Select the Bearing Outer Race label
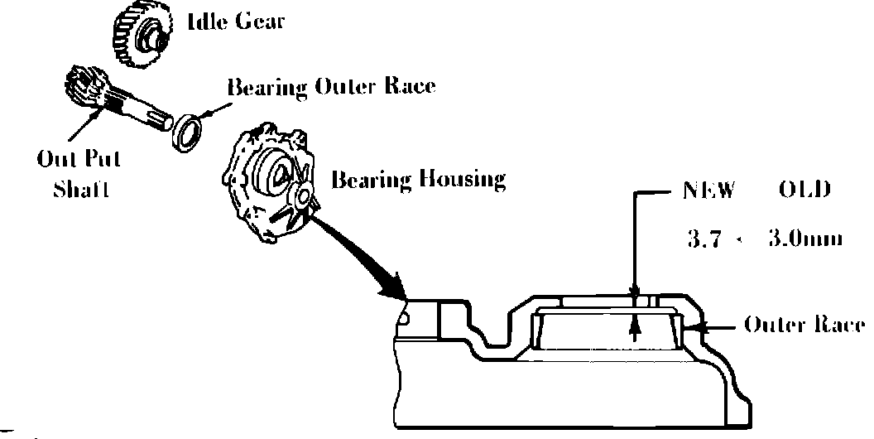click(330, 87)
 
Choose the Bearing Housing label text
click(418, 180)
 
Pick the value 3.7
click(705, 239)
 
